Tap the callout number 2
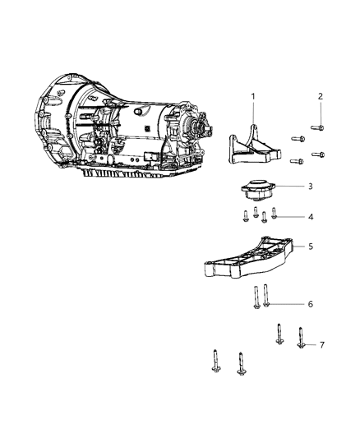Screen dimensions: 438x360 pos(321,97)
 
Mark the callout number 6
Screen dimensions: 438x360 pos(310,304)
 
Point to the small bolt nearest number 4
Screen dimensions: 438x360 pos(274,215)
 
